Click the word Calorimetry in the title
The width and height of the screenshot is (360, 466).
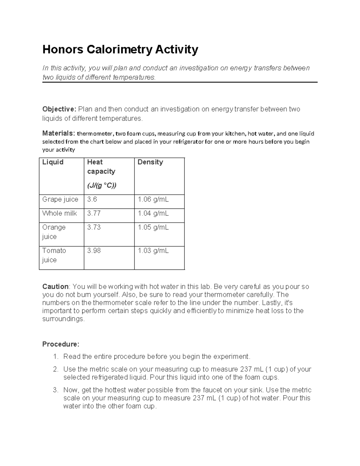click(x=119, y=50)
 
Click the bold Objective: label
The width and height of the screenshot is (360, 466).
click(x=60, y=109)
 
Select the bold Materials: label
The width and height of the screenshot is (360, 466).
click(x=58, y=133)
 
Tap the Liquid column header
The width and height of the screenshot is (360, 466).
click(x=53, y=162)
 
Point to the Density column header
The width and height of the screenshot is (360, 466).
click(x=150, y=162)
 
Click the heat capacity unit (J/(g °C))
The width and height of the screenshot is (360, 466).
click(x=101, y=186)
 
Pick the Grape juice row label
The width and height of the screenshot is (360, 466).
click(x=60, y=200)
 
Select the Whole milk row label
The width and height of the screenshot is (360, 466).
click(x=59, y=213)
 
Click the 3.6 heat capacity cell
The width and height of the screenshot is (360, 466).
click(x=92, y=200)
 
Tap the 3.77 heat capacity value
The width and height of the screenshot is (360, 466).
click(x=94, y=213)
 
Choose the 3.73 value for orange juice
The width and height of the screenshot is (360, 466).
click(x=94, y=227)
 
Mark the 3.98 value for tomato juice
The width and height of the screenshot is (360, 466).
click(x=94, y=251)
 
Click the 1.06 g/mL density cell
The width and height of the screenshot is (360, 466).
click(x=153, y=200)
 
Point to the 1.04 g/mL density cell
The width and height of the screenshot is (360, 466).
click(x=153, y=213)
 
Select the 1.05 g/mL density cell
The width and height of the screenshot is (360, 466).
click(x=153, y=227)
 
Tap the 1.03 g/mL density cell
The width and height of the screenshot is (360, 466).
click(x=153, y=251)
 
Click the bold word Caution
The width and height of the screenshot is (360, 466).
click(x=55, y=287)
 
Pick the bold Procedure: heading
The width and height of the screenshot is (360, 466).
click(x=61, y=344)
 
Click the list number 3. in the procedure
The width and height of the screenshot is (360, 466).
click(x=55, y=390)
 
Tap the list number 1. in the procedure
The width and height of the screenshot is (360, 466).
click(x=55, y=356)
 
